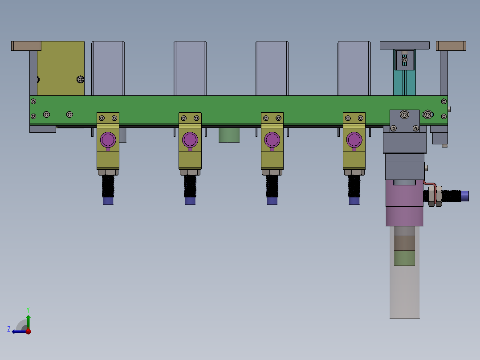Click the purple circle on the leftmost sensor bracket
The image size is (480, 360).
click(x=108, y=140)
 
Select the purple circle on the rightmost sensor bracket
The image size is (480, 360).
click(x=354, y=140)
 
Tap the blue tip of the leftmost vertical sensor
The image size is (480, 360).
click(x=108, y=201)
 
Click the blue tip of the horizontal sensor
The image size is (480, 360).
click(x=465, y=196)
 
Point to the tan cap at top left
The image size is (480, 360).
click(x=26, y=45)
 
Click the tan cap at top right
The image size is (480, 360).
click(x=451, y=45)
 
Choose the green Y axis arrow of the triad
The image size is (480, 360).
click(x=28, y=320)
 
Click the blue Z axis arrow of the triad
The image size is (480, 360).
click(x=18, y=331)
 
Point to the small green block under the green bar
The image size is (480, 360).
click(x=229, y=135)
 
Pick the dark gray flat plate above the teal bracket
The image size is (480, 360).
click(x=404, y=45)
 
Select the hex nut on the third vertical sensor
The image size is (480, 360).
click(x=272, y=172)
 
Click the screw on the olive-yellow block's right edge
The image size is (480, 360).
click(x=80, y=80)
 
